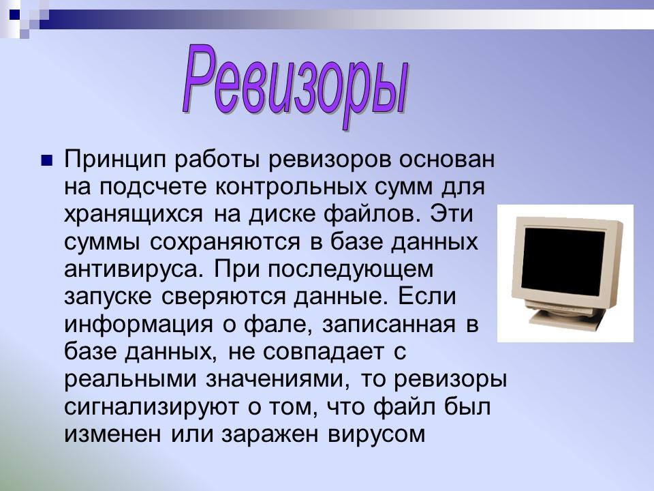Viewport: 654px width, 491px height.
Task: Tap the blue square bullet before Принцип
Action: pyautogui.click(x=47, y=162)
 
